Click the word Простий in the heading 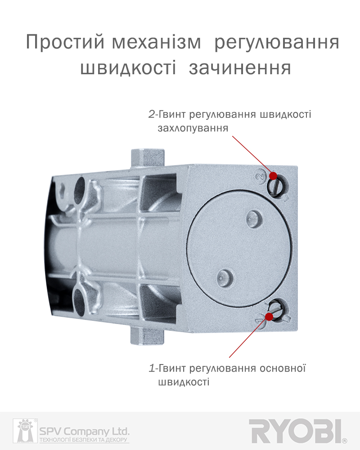pyautogui.click(x=65, y=42)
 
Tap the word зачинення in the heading pyautogui.click(x=240, y=68)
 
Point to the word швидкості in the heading pyautogui.click(x=128, y=68)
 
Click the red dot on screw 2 pyautogui.click(x=273, y=175)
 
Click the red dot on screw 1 pyautogui.click(x=269, y=316)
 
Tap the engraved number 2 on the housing pyautogui.click(x=260, y=175)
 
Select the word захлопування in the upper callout pyautogui.click(x=193, y=128)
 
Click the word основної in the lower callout pyautogui.click(x=283, y=368)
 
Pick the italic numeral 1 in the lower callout pyautogui.click(x=152, y=368)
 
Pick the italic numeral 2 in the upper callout pyautogui.click(x=152, y=114)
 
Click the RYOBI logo pyautogui.click(x=297, y=431)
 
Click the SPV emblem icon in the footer pyautogui.click(x=25, y=431)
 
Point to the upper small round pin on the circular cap pyautogui.click(x=254, y=218)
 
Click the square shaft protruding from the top pyautogui.click(x=148, y=158)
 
